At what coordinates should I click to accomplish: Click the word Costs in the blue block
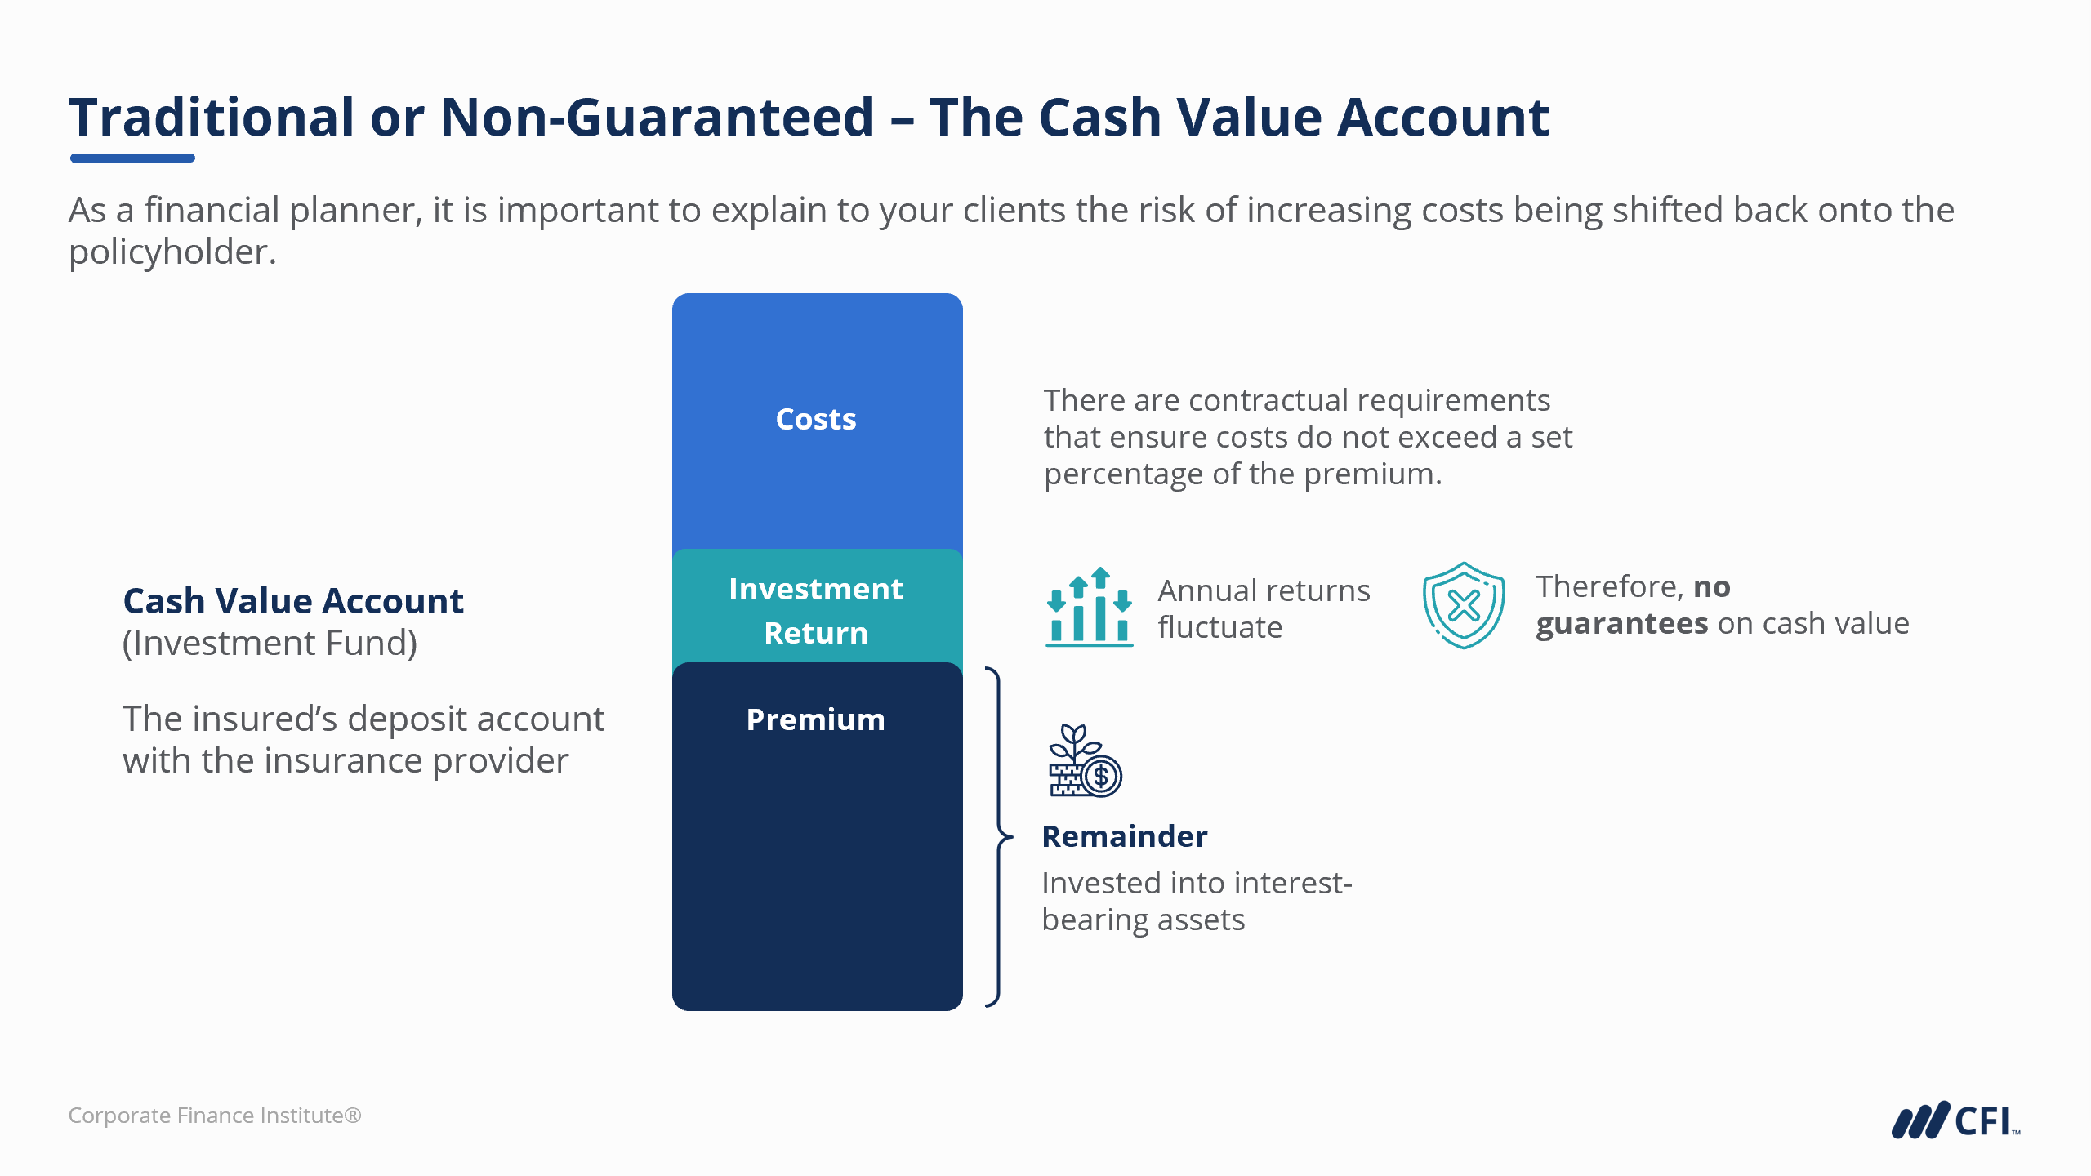[816, 419]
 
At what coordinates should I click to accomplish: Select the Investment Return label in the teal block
[816, 611]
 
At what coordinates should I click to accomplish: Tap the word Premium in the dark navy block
[816, 719]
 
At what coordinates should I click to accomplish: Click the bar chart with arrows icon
[1090, 607]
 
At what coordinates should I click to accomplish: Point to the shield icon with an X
[1464, 605]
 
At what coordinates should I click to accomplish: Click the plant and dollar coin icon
[1086, 760]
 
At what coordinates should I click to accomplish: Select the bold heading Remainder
[1125, 836]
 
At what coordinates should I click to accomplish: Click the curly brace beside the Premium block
[998, 836]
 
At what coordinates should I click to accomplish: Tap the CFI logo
[1955, 1120]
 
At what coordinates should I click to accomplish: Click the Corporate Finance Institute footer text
[215, 1116]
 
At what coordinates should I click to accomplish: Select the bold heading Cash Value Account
[293, 601]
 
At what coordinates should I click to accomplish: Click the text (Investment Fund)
[270, 644]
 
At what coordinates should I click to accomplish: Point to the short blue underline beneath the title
[132, 158]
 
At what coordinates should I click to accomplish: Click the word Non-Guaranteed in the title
[658, 117]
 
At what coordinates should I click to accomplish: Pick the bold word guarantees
[1622, 624]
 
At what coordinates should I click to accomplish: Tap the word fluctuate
[1220, 627]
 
